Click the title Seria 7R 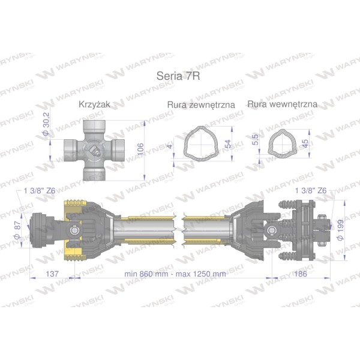[178, 76]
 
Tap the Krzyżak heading [94, 104]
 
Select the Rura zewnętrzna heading [201, 104]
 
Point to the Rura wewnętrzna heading [282, 104]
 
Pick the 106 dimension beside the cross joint [140, 149]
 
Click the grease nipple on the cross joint [95, 151]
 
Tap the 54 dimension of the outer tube [227, 144]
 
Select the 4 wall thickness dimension [170, 146]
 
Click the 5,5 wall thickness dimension [255, 140]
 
